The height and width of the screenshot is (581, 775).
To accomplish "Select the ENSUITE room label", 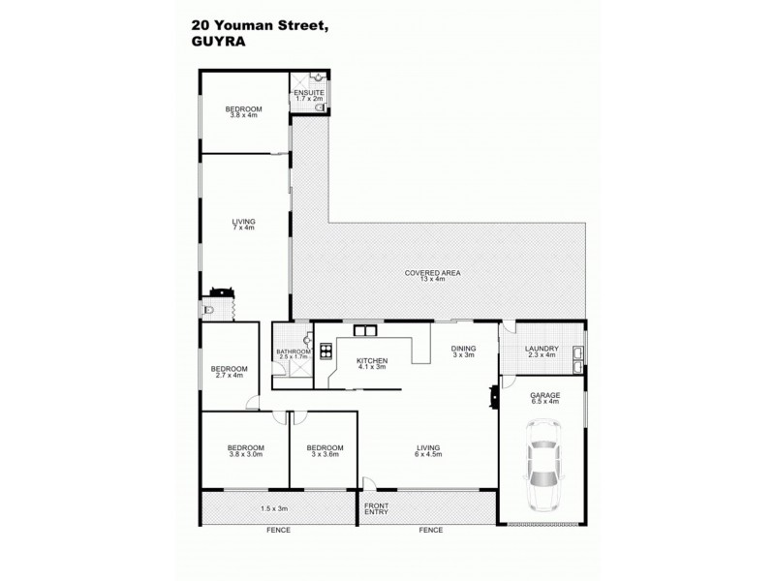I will pos(309,93).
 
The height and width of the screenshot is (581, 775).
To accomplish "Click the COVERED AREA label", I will pos(432,273).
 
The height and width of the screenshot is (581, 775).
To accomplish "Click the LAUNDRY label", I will pos(540,349).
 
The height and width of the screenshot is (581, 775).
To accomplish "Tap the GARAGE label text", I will pos(543,396).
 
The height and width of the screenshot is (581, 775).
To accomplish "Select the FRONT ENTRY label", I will pos(378,510).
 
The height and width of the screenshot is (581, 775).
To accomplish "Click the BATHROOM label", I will pos(293,352).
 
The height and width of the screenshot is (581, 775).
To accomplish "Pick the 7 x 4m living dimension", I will pos(243,228).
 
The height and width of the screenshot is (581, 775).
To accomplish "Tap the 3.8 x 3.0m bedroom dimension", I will pos(245,454).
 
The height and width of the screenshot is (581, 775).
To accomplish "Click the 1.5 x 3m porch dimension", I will pos(275,507).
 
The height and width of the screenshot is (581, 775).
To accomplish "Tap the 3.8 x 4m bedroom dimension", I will pos(243,116).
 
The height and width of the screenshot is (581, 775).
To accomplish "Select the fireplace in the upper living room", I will pos(220,290).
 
